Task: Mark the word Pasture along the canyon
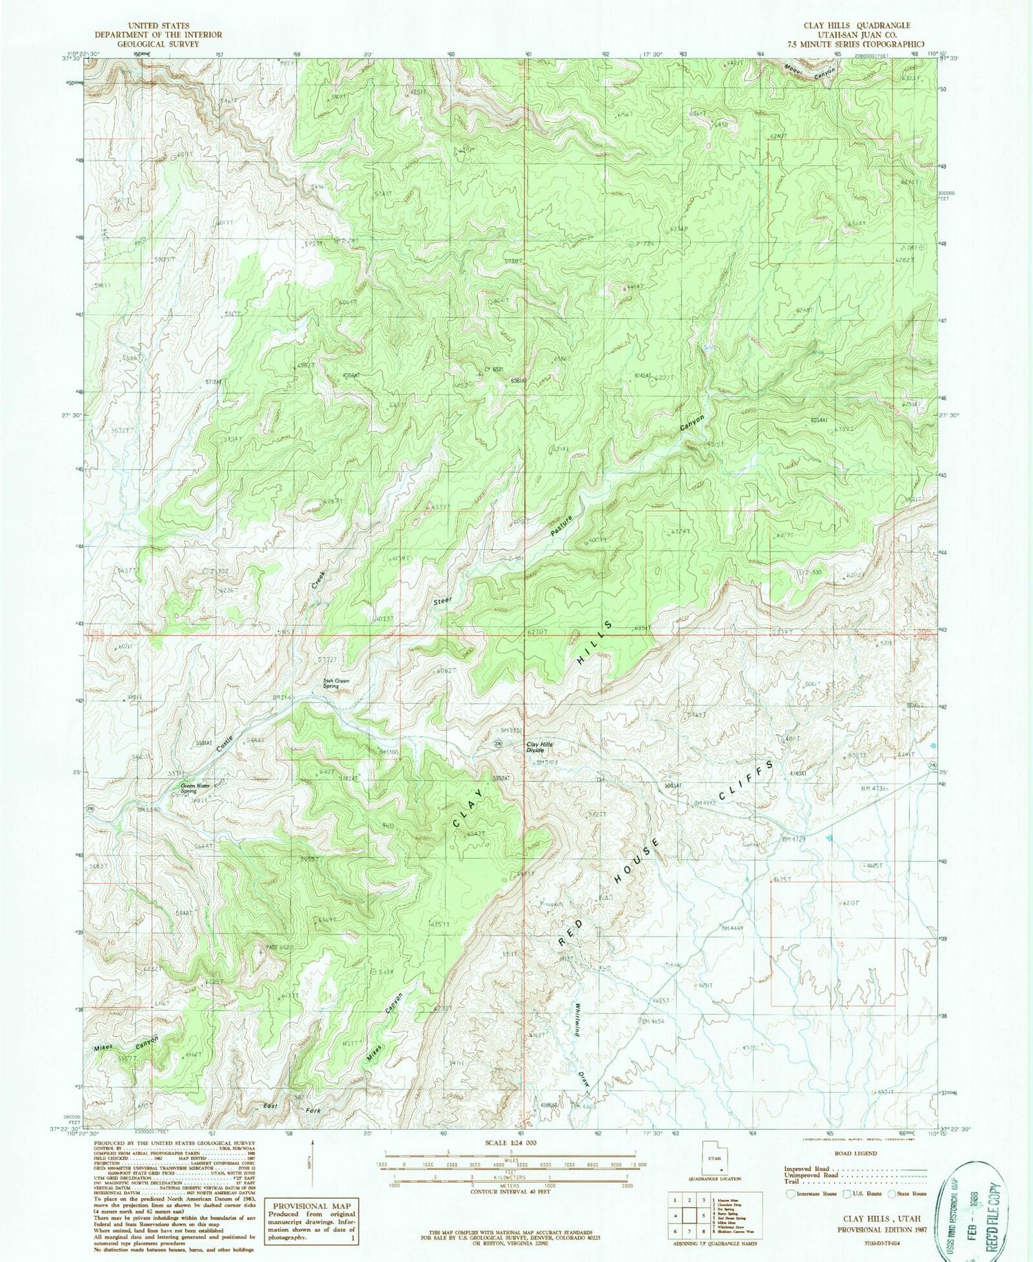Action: pyautogui.click(x=561, y=525)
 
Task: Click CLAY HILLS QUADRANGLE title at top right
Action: pyautogui.click(x=855, y=25)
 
